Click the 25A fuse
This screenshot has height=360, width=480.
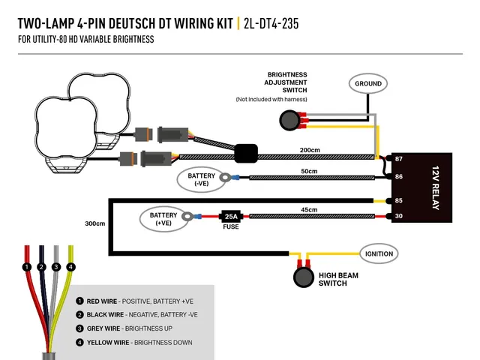pyautogui.click(x=231, y=217)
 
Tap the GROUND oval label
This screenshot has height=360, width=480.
pyautogui.click(x=368, y=83)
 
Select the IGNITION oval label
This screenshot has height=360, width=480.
pyautogui.click(x=379, y=253)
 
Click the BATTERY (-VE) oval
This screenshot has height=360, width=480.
pyautogui.click(x=201, y=179)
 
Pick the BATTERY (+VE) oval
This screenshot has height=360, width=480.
pyautogui.click(x=163, y=219)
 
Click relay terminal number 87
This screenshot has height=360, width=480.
pyautogui.click(x=398, y=159)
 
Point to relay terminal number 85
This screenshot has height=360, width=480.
pyautogui.click(x=398, y=200)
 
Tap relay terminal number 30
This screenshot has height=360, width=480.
pyautogui.click(x=398, y=216)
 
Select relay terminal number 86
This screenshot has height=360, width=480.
pyautogui.click(x=398, y=177)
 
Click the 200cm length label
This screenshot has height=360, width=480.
pyautogui.click(x=310, y=150)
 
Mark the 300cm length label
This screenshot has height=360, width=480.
pyautogui.click(x=95, y=223)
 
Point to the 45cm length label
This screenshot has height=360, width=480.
pyautogui.click(x=309, y=210)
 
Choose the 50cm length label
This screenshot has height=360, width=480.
pyautogui.click(x=309, y=171)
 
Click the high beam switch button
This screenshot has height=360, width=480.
pyautogui.click(x=304, y=277)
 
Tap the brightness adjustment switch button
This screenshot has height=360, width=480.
pyautogui.click(x=289, y=120)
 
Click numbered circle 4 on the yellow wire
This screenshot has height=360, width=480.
pyautogui.click(x=70, y=267)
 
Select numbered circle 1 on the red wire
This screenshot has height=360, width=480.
pyautogui.click(x=27, y=267)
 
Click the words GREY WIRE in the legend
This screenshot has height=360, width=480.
pyautogui.click(x=103, y=328)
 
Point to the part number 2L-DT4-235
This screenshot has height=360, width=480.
pyautogui.click(x=271, y=23)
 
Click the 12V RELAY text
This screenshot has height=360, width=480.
pyautogui.click(x=436, y=187)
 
